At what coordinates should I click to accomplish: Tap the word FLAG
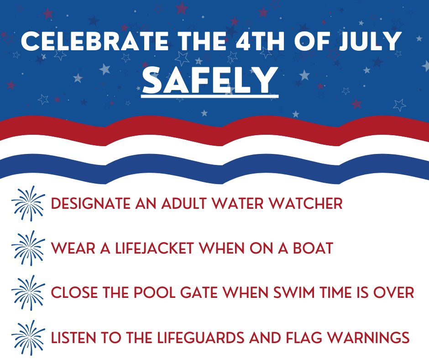[315, 338]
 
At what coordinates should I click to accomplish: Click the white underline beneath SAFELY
[209, 96]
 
